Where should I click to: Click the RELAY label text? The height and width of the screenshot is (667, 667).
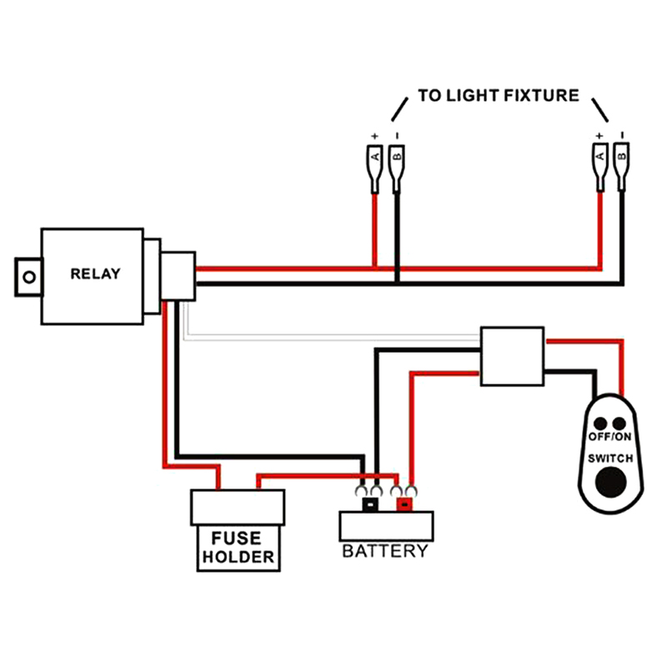pos(95,273)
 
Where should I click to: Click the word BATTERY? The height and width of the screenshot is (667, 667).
pos(385,551)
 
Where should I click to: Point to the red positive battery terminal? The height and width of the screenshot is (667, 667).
pos(405,504)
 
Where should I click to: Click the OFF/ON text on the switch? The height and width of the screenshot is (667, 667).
pos(610,437)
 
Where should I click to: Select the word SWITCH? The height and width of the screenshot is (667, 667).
pos(610,459)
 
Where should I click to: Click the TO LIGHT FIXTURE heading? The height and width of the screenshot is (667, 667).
pos(498,95)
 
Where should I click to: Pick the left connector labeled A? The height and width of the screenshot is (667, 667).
pos(375,158)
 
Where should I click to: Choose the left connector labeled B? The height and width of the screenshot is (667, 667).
pos(397,158)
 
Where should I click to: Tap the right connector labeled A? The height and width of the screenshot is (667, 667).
pos(599,158)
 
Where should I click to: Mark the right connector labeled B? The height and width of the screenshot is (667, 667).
pos(621,158)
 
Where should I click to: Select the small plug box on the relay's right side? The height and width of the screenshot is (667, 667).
pos(178,273)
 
